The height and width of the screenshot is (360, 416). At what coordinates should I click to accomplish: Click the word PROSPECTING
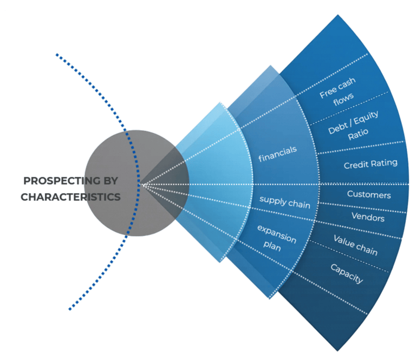click(61, 181)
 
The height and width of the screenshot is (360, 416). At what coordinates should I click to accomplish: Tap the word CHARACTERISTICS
click(70, 197)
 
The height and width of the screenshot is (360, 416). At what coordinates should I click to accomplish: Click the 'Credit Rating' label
click(370, 163)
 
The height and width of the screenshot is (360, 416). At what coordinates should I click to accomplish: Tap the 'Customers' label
click(369, 194)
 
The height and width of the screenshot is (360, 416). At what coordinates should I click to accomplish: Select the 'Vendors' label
click(368, 218)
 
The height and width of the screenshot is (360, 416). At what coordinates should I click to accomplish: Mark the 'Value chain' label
click(355, 245)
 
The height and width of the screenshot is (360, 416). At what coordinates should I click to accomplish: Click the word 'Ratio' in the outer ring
click(359, 135)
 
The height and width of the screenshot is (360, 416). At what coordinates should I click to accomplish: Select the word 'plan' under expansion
click(272, 244)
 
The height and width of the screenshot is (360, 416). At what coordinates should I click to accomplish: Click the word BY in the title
click(110, 181)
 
